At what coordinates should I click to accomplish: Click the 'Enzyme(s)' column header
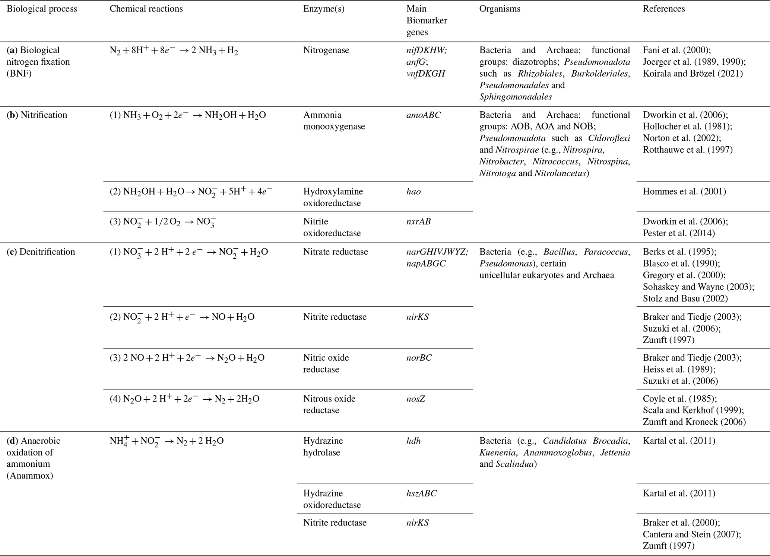point(323,9)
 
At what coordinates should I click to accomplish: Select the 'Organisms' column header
point(500,9)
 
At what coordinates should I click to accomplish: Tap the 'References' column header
point(663,9)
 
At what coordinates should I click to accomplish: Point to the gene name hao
point(413,192)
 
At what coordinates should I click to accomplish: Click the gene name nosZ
point(416,399)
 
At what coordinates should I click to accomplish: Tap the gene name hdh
point(413,441)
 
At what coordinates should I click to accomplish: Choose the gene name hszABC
point(421,493)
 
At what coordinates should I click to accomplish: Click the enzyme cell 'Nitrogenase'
point(326,50)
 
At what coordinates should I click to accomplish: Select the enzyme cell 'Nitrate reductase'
point(335,252)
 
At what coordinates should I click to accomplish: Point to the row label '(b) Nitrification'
point(37,115)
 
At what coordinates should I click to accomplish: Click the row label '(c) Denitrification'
point(41,252)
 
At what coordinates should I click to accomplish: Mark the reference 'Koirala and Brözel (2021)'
point(693,74)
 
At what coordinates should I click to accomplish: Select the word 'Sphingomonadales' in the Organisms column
point(516,97)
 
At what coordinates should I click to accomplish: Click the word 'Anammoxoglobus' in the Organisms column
point(557,453)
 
